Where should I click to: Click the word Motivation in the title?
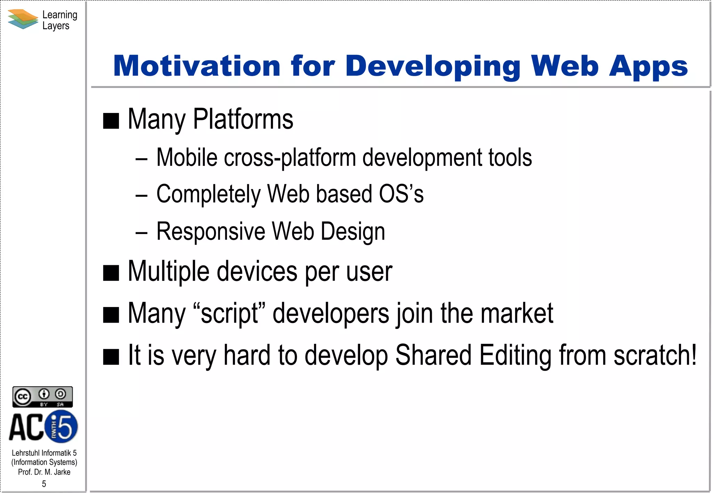[196, 66]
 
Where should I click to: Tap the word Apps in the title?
[648, 67]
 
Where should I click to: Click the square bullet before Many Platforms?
[111, 121]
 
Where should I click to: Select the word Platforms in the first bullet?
[243, 119]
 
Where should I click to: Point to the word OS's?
[401, 194]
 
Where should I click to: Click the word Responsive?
[211, 231]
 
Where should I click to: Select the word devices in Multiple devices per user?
[257, 272]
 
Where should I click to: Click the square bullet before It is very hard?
[111, 357]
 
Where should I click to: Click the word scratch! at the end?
[655, 355]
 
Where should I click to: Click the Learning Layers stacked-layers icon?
[23, 19]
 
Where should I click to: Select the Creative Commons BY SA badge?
[42, 397]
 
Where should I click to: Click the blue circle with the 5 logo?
[62, 427]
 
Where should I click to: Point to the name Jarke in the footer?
[62, 472]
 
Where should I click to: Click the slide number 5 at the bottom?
[44, 484]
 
